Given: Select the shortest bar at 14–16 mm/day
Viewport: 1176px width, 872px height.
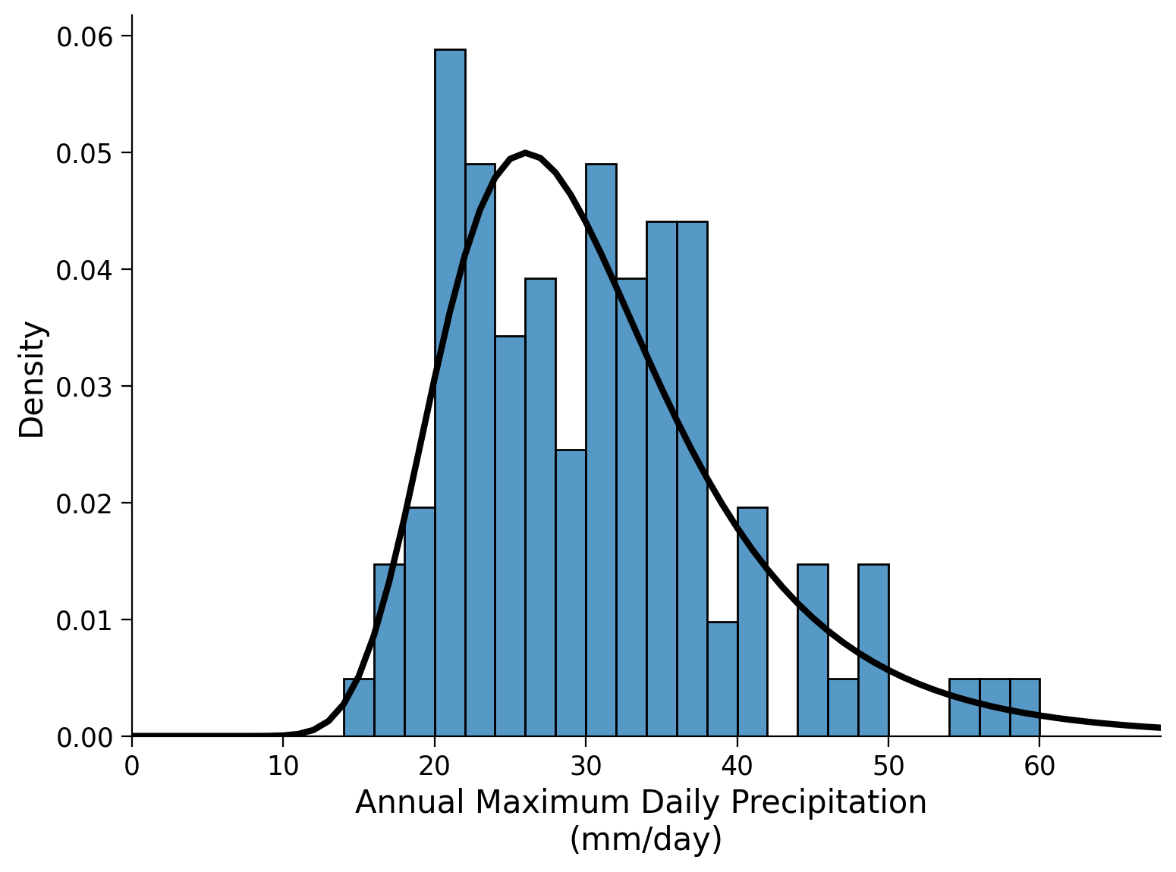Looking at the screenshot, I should [x=359, y=708].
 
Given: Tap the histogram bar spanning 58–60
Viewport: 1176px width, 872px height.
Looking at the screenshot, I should [x=1024, y=708].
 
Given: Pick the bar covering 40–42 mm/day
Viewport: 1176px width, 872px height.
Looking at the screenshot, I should [x=752, y=622].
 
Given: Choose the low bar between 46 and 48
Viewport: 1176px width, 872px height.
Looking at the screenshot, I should [x=843, y=708].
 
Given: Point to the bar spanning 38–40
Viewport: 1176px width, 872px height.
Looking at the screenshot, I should [x=722, y=679].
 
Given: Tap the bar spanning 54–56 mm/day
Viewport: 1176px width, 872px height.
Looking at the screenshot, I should [x=964, y=708].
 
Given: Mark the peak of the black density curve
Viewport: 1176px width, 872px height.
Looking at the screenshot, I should [x=525, y=152].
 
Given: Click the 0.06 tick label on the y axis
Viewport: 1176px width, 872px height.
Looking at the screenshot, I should [x=84, y=36].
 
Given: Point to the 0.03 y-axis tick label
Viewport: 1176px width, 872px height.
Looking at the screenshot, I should [x=84, y=387].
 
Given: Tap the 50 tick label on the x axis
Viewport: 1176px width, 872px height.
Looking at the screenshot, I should [x=888, y=767].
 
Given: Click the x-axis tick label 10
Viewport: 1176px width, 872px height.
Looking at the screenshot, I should [x=283, y=767].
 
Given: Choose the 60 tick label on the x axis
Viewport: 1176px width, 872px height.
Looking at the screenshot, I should [x=1039, y=767].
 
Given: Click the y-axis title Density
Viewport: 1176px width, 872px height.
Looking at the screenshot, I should [x=33, y=379].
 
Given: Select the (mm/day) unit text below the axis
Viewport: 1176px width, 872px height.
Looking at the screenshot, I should [x=646, y=839].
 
